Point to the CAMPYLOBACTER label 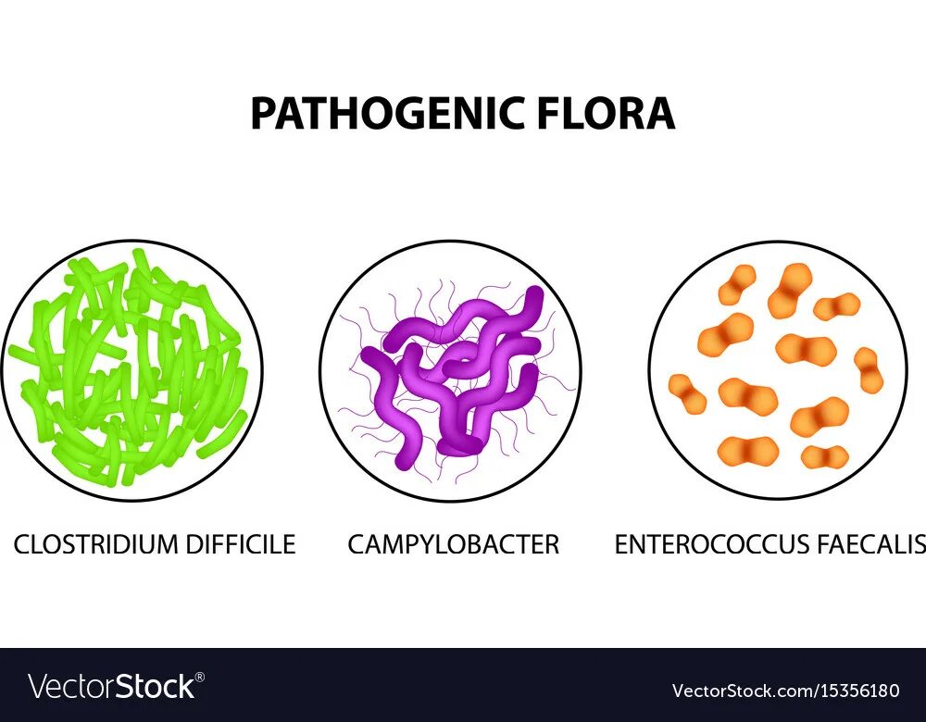[453, 544]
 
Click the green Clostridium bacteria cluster [131, 370]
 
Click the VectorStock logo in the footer [112, 687]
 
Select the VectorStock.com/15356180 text [785, 691]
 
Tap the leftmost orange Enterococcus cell [687, 393]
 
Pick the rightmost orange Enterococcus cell [869, 369]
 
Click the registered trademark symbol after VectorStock [200, 678]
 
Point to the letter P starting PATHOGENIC [263, 114]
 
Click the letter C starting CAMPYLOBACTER [357, 544]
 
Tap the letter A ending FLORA [659, 114]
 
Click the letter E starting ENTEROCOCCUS [621, 544]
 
